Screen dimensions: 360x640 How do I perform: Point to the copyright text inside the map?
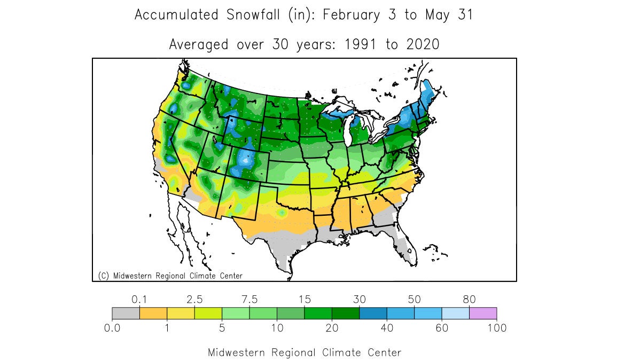pos(170,276)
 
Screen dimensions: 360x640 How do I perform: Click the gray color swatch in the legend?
pos(126,313)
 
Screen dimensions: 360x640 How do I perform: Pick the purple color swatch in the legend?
pos(482,313)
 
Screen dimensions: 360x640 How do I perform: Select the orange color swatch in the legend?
pos(153,313)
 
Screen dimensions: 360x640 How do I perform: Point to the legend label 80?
pos(469,299)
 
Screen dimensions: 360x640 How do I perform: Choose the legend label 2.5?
pos(194,299)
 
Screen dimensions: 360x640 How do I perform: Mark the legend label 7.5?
pos(249,299)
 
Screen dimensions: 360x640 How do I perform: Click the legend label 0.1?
pos(139,299)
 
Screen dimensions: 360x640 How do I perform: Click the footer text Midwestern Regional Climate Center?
pos(304,353)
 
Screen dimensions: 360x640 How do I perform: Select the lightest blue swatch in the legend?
pos(455,313)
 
